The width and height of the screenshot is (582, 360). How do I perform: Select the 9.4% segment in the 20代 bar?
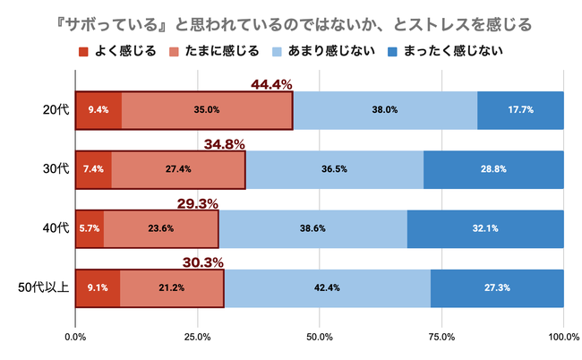coord(98,110)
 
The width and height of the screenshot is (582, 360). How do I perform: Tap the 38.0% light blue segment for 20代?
coord(385,110)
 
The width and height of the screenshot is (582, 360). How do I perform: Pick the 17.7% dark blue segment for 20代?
coord(520,110)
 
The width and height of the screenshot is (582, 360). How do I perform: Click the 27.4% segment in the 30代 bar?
coord(179,169)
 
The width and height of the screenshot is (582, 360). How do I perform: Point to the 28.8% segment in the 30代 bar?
coord(493,169)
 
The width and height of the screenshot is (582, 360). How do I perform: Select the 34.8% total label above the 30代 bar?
coord(225,143)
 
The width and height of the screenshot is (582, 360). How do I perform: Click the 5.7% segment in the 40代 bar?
coord(90,228)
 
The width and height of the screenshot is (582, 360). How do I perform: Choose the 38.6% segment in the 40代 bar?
coord(312,228)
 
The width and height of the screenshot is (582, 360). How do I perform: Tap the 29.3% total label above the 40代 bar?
coord(198,203)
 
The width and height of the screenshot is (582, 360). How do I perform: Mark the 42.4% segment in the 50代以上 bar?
coord(327,287)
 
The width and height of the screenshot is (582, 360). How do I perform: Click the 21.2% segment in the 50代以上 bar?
coord(172,287)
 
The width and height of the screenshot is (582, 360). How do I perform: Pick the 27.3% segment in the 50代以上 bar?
coord(497,287)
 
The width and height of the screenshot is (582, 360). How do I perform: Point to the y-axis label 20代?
coord(56,110)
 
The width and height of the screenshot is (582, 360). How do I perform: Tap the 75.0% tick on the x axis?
coord(441,337)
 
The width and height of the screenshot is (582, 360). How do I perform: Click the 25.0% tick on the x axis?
coord(198,337)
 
